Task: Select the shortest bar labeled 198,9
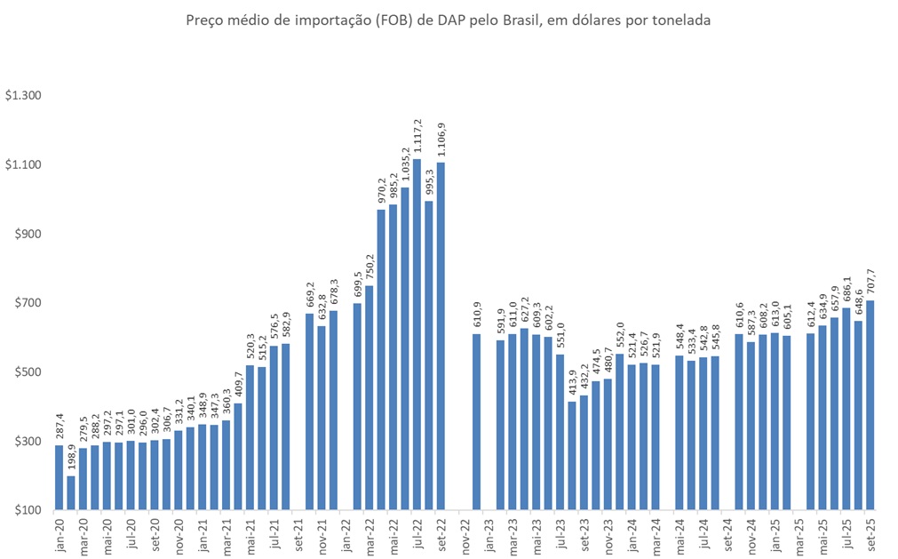[71, 493]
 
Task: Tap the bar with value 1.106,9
[441, 336]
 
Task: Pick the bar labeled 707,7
[870, 405]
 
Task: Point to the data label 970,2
[381, 192]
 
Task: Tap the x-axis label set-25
[870, 535]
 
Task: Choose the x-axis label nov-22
[465, 535]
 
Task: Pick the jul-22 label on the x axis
[417, 535]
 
